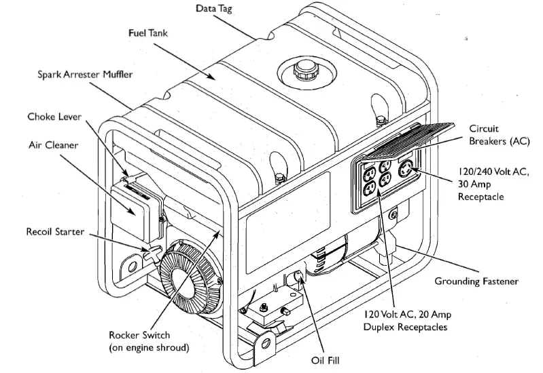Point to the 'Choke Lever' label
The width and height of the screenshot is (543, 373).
click(x=54, y=117)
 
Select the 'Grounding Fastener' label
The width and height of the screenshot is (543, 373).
click(x=476, y=280)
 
